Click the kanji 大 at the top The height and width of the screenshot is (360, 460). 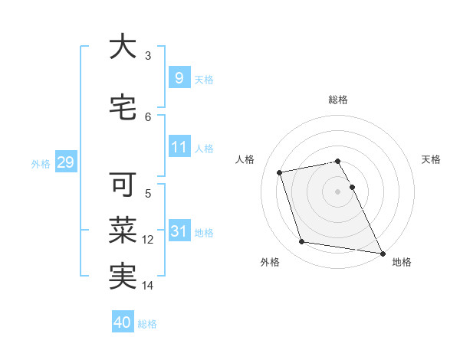pos(123,47)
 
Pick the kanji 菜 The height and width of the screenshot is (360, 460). pos(123,229)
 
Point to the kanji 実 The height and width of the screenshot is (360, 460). pos(123,275)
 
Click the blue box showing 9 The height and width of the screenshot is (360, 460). pos(179,77)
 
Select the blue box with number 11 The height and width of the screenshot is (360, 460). pos(179,147)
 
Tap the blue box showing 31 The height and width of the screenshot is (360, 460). pos(179,231)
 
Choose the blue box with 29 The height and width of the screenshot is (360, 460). pos(64,162)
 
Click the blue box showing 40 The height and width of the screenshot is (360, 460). pos(122,322)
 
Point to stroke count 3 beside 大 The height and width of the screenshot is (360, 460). pos(148,56)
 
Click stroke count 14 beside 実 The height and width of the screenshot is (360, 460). pos(148,286)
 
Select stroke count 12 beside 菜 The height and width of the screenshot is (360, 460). pos(148,240)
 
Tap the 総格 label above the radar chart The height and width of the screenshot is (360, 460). pos(338,100)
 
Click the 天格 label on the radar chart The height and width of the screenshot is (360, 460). pos(432,159)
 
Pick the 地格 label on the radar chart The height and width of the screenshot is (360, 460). pos(402,262)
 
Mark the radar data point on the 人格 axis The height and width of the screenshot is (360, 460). pos(280,172)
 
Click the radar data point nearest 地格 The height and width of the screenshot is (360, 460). pos(381,253)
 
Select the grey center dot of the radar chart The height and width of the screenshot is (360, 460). pos(338,191)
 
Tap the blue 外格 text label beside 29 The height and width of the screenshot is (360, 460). pos(41,163)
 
